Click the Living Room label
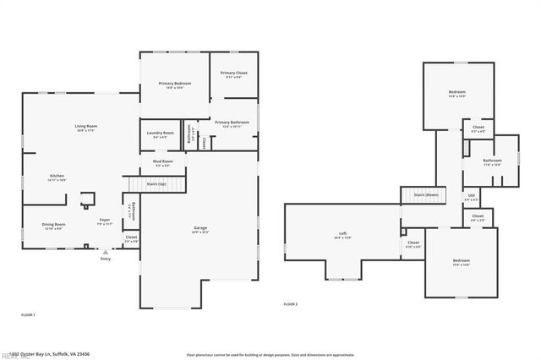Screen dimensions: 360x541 [86, 128]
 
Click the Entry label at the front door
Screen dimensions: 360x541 [105, 259]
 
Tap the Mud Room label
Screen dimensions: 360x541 [162, 162]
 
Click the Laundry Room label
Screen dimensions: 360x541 [162, 134]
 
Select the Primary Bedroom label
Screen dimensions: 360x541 [175, 85]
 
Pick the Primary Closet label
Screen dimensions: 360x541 [233, 75]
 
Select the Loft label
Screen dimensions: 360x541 [342, 235]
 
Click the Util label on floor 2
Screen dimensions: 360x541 [472, 197]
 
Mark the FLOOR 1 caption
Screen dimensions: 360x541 [28, 314]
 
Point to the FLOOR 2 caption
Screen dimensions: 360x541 [290, 303]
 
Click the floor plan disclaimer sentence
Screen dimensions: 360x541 [270, 355]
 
